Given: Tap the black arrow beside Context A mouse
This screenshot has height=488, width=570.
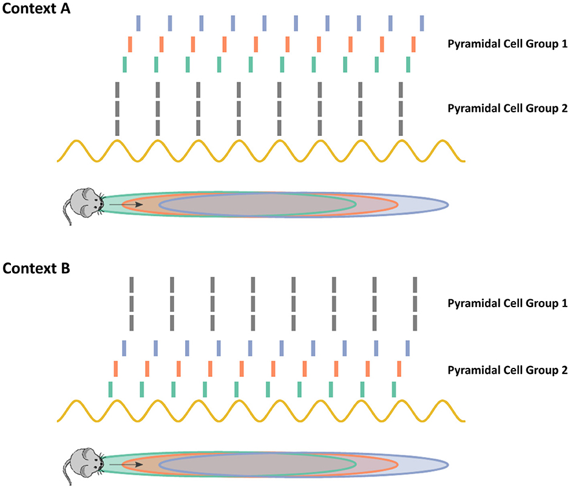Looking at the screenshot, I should [126, 206].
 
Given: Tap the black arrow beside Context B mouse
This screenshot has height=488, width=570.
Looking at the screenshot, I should [126, 464].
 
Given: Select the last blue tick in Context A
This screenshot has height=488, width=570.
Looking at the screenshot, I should [421, 23].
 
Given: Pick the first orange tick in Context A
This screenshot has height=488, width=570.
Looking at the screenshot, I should [130, 44].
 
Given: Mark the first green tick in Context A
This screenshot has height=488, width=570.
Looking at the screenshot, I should [124, 64].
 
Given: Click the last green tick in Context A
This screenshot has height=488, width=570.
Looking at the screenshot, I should [409, 64].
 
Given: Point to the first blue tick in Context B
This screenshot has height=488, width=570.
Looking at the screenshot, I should [124, 348].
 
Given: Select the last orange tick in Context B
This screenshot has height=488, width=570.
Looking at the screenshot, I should [399, 368].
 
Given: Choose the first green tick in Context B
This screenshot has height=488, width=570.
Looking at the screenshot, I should [110, 389].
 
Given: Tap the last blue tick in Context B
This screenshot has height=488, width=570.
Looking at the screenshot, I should [408, 348].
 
